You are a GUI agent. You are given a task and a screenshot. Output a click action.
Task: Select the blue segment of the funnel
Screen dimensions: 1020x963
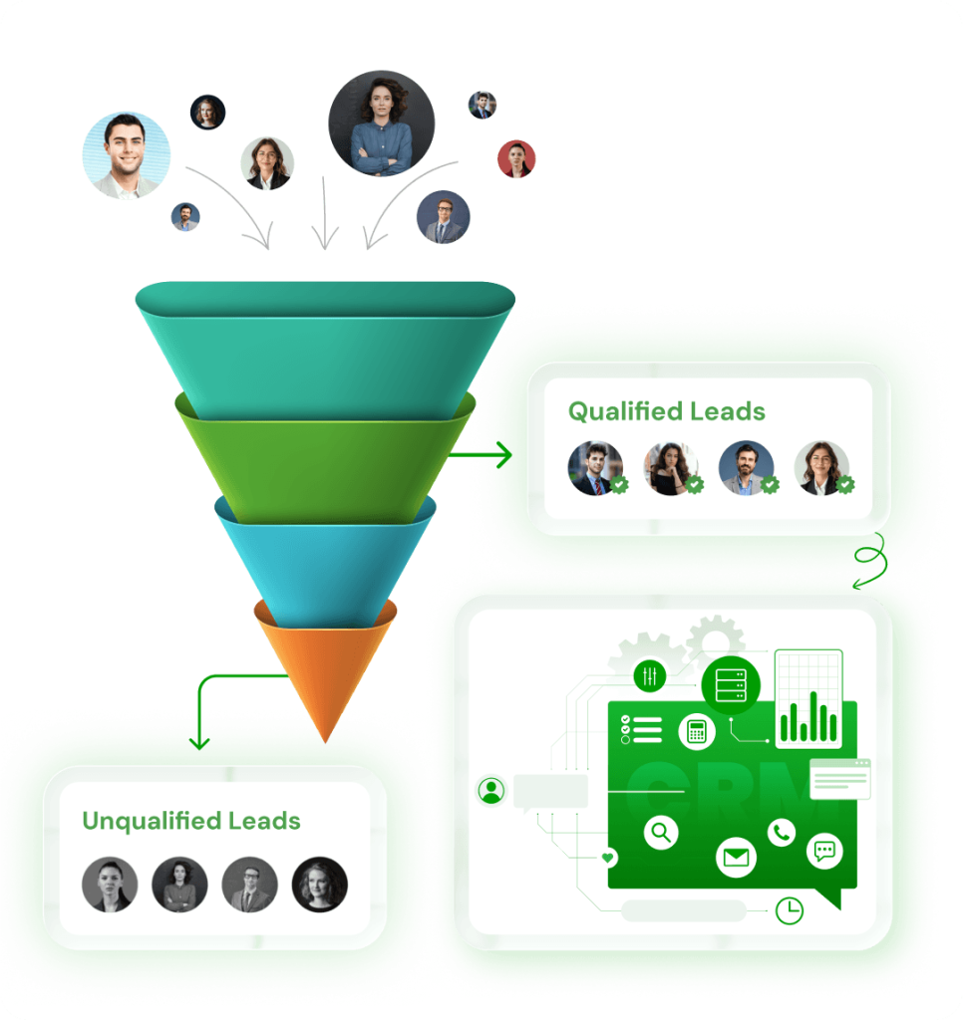(x=325, y=558)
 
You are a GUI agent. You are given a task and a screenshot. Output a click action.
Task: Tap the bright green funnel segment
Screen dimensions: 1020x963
(x=325, y=458)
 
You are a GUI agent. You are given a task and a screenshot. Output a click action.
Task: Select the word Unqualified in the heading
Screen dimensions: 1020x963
(x=151, y=821)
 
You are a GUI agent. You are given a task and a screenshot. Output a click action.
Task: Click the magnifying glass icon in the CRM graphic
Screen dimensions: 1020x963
(x=661, y=831)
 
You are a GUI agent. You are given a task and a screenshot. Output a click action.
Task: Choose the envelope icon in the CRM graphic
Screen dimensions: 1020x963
(x=736, y=857)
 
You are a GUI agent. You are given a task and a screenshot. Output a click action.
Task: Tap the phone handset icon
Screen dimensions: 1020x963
(x=781, y=832)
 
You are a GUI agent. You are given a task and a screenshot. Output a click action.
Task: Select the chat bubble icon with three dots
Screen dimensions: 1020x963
(x=824, y=851)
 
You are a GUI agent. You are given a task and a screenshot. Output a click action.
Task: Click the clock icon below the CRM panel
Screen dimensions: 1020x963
(x=790, y=909)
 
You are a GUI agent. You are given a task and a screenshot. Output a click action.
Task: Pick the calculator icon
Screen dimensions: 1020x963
(x=696, y=732)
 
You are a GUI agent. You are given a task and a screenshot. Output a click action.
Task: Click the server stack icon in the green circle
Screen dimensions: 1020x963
(x=730, y=685)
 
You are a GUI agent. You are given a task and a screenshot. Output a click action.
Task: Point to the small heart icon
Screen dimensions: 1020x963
(x=608, y=857)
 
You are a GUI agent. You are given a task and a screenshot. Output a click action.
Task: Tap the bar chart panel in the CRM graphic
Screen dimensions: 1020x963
(x=808, y=697)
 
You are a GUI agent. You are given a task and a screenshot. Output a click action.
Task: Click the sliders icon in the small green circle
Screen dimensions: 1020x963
(x=649, y=677)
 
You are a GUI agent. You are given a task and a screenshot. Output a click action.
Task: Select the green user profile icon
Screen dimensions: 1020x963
(x=490, y=791)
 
